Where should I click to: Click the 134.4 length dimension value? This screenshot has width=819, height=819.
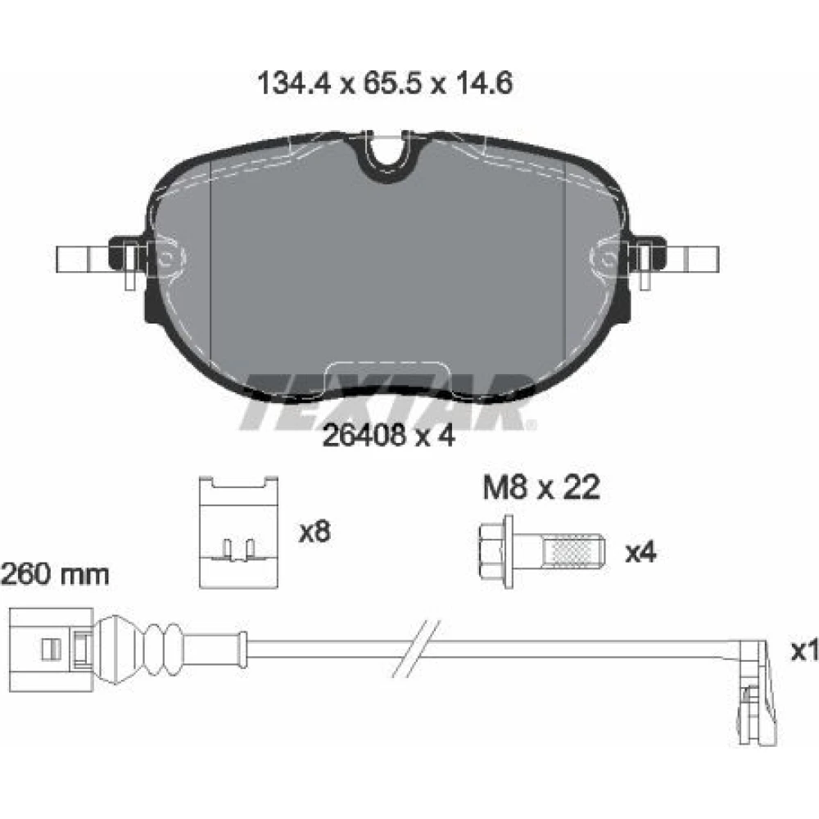tap(295, 84)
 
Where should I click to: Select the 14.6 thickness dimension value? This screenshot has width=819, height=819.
tap(484, 84)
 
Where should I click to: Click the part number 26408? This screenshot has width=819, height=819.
tap(364, 435)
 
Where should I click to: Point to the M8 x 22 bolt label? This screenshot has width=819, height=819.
tap(541, 488)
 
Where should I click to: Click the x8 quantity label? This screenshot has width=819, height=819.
tap(314, 532)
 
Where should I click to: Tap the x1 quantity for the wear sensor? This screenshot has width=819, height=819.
tap(805, 650)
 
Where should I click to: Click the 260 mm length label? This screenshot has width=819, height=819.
tap(55, 575)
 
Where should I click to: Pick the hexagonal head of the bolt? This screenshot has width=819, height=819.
tap(492, 551)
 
